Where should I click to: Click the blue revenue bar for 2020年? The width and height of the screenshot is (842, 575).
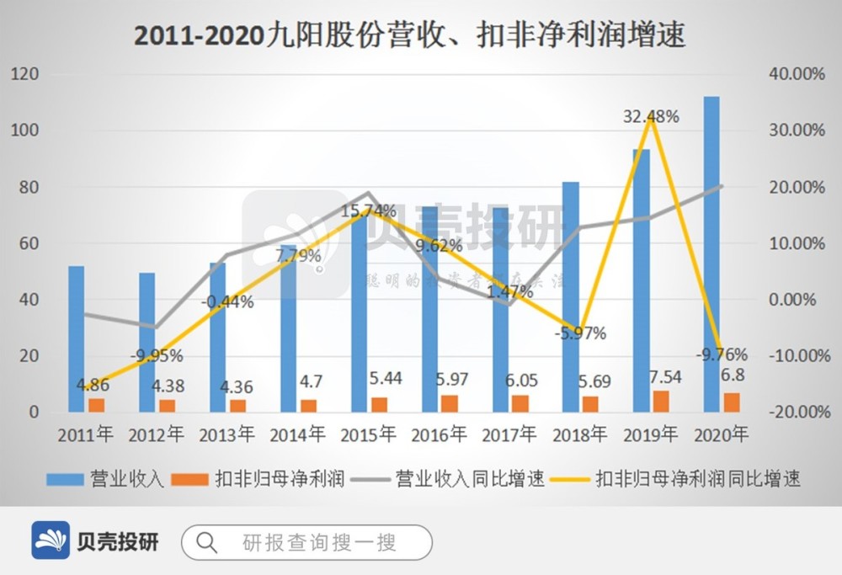tap(711, 253)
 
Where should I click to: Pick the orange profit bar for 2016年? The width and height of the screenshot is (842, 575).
tap(450, 403)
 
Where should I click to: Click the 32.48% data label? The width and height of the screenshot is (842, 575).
tap(651, 117)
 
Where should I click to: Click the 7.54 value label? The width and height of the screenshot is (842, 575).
tap(664, 375)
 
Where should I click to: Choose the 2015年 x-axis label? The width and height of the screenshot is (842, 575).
tap(368, 435)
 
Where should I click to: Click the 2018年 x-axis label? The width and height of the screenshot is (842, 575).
tap(579, 435)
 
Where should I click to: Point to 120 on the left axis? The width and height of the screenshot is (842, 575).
tap(27, 74)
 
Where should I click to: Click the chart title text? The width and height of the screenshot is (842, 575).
tap(409, 36)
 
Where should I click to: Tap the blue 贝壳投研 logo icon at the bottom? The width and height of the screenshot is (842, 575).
tap(51, 540)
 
